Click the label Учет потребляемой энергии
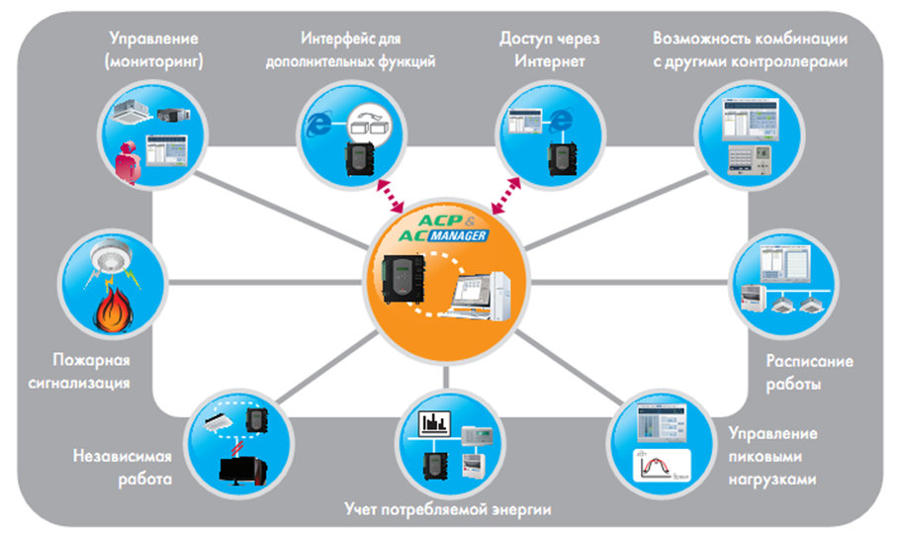447,509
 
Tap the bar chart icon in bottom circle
435,422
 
